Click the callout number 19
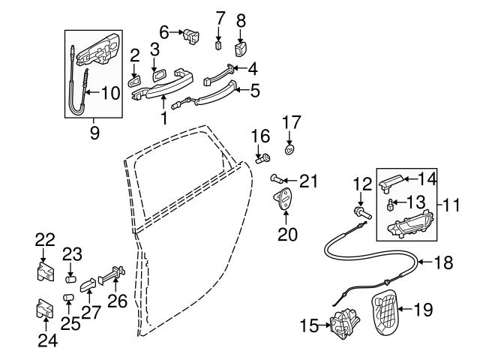pos(423,310)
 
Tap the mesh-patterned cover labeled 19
pos(385,311)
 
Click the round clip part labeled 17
pos(289,150)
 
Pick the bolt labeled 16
pos(263,159)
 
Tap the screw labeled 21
pos(277,178)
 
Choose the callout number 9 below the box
pos(94,133)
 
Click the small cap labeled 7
pos(218,46)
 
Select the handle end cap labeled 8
pos(241,49)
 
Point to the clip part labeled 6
pos(190,37)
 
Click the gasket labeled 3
pos(158,75)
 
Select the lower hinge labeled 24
pos(45,308)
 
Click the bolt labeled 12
pos(363,213)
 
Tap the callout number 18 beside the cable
pos(443,262)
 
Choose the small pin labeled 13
pos(391,204)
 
